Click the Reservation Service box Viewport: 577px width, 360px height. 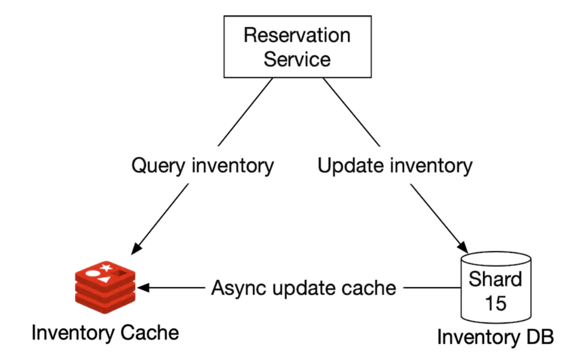click(x=297, y=47)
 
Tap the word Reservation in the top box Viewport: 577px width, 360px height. click(x=297, y=35)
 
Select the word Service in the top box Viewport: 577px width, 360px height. click(x=297, y=59)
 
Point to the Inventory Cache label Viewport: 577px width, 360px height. click(x=105, y=333)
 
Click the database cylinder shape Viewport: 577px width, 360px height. click(x=495, y=288)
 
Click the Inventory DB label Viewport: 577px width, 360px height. click(x=495, y=337)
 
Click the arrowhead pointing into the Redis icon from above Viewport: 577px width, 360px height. click(x=137, y=247)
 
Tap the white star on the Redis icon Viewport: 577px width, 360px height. click(x=107, y=268)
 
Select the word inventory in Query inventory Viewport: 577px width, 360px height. click(x=233, y=166)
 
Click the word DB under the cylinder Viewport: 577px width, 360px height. click(x=538, y=337)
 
